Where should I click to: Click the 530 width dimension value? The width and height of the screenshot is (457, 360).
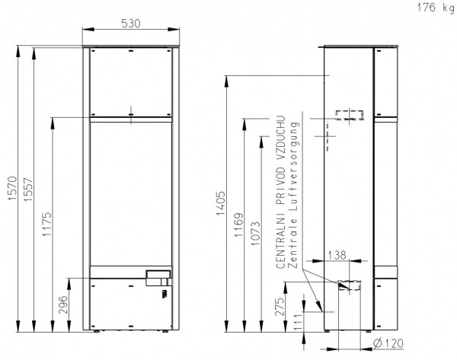pos(131,24)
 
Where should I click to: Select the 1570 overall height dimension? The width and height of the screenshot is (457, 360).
pos(12,188)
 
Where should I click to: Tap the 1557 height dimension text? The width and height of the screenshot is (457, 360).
pos(29,190)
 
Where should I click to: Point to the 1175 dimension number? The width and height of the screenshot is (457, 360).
pos(46,224)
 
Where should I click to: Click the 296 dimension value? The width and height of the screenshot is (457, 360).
pos(63,304)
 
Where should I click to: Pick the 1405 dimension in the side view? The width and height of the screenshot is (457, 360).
pos(221,203)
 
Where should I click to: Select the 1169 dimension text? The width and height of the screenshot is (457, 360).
pos(238,225)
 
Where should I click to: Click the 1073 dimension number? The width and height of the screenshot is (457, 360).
pos(256,234)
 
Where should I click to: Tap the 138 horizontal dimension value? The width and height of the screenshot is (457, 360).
pos(337,255)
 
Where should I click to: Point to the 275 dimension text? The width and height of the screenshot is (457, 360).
pos(280,307)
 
